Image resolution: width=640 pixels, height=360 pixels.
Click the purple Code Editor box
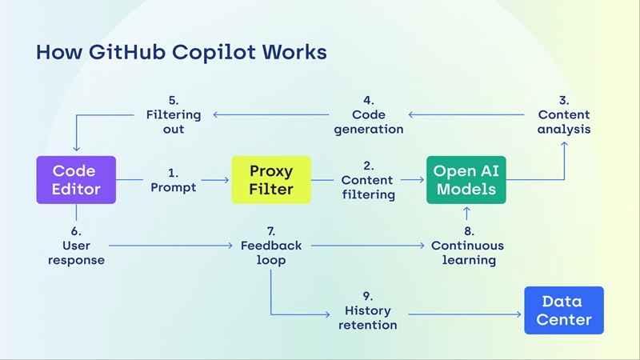[76, 180]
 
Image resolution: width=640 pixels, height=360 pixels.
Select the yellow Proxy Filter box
[270, 180]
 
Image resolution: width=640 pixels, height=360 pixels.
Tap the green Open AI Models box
[466, 180]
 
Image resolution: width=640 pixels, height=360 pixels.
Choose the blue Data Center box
[563, 310]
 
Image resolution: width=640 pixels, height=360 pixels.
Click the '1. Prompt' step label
[173, 180]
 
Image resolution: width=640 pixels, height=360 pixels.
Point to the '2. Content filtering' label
[368, 180]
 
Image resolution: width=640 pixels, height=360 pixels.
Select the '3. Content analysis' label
[563, 114]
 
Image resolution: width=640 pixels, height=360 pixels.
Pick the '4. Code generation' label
[368, 114]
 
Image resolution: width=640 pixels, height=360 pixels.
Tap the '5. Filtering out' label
[173, 114]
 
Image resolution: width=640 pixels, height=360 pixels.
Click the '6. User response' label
[76, 245]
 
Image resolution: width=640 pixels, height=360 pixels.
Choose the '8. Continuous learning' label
[467, 245]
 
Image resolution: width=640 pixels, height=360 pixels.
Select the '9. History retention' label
[370, 310]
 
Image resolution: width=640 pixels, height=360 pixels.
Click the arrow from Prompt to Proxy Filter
[212, 181]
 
